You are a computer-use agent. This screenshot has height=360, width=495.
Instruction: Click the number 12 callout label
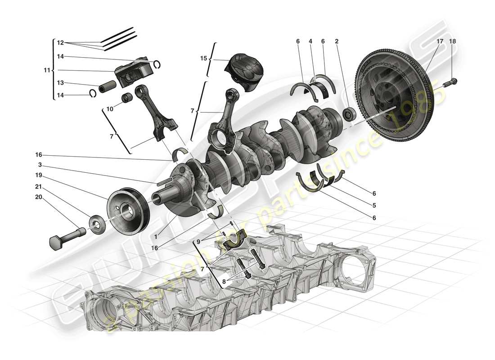pos(60,43)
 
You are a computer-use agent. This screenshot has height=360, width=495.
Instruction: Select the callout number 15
pos(204,58)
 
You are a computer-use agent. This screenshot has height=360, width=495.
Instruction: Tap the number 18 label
pos(452,41)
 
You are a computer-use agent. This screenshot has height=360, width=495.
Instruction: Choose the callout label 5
pos(374,206)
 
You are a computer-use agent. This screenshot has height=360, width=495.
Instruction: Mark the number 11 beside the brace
pos(47,70)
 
